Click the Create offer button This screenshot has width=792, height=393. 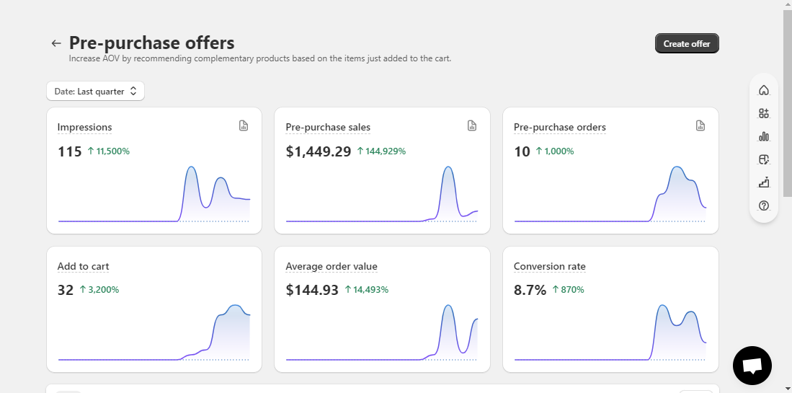[x=687, y=43]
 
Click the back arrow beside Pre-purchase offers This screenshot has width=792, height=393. [x=56, y=43]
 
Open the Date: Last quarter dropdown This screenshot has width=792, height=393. [x=95, y=92]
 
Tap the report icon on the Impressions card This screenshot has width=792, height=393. [x=244, y=125]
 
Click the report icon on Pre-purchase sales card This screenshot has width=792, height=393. [x=472, y=125]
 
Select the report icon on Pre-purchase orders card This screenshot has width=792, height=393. [x=700, y=125]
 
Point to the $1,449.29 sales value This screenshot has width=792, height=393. [x=319, y=151]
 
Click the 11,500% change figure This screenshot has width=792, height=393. [x=109, y=151]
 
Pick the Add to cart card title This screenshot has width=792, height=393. [x=84, y=266]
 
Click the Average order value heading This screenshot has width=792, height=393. [x=332, y=266]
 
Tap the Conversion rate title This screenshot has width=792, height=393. [x=550, y=266]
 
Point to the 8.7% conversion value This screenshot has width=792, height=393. [x=530, y=290]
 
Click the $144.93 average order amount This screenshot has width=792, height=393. [x=312, y=290]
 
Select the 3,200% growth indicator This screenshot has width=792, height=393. [x=99, y=289]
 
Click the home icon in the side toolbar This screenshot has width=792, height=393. [x=764, y=90]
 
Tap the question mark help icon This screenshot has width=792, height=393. [x=764, y=205]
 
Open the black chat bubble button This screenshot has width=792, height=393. [x=752, y=366]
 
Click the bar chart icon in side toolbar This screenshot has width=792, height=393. [x=764, y=136]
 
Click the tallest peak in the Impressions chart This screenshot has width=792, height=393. [x=191, y=167]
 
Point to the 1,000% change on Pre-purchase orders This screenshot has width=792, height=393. [x=555, y=151]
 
